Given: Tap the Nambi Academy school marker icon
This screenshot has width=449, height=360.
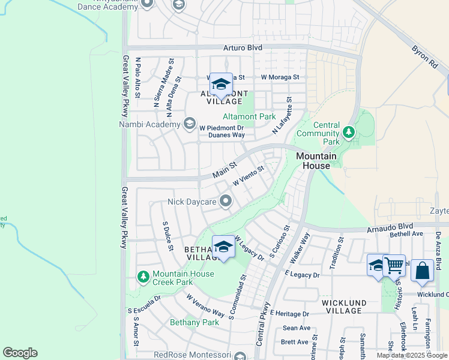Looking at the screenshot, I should pos(190,124).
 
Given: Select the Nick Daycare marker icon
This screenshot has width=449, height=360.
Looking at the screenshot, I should pos(225,201).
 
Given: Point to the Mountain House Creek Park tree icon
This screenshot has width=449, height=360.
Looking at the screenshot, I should pos(143,276).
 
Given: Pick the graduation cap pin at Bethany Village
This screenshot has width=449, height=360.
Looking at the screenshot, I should pos(223,247).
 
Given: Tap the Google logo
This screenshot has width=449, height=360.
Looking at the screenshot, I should pos(20,353).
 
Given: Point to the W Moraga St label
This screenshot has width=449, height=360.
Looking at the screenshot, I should pos(280,77).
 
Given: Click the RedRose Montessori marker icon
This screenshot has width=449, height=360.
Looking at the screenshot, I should pos(240,356).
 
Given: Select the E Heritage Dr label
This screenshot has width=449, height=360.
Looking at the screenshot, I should pos(289,314).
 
